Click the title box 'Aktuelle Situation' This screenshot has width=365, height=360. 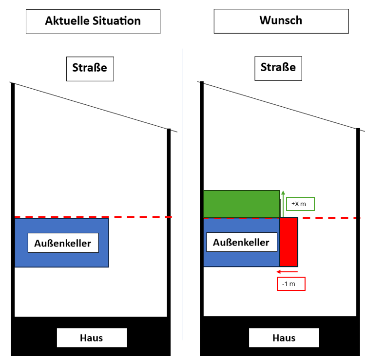tap(93, 21)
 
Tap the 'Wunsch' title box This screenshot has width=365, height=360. tap(281, 21)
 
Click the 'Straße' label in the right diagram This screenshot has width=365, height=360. tap(278, 67)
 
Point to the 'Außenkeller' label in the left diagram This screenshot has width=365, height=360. tap(62, 243)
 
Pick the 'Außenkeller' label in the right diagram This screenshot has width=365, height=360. tap(241, 242)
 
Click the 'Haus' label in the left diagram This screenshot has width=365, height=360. tap(92, 338)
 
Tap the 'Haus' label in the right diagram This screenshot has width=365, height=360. tap(284, 338)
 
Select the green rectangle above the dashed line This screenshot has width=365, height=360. tap(241, 204)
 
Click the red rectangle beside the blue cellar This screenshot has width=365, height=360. tap(288, 242)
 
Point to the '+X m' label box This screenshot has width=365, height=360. tap(300, 204)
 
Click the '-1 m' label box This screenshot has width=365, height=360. tap(291, 284)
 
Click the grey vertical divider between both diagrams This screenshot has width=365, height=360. tap(183, 195)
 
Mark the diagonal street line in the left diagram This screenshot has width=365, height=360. tap(93, 107)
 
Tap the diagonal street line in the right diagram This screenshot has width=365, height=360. tap(283, 106)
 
